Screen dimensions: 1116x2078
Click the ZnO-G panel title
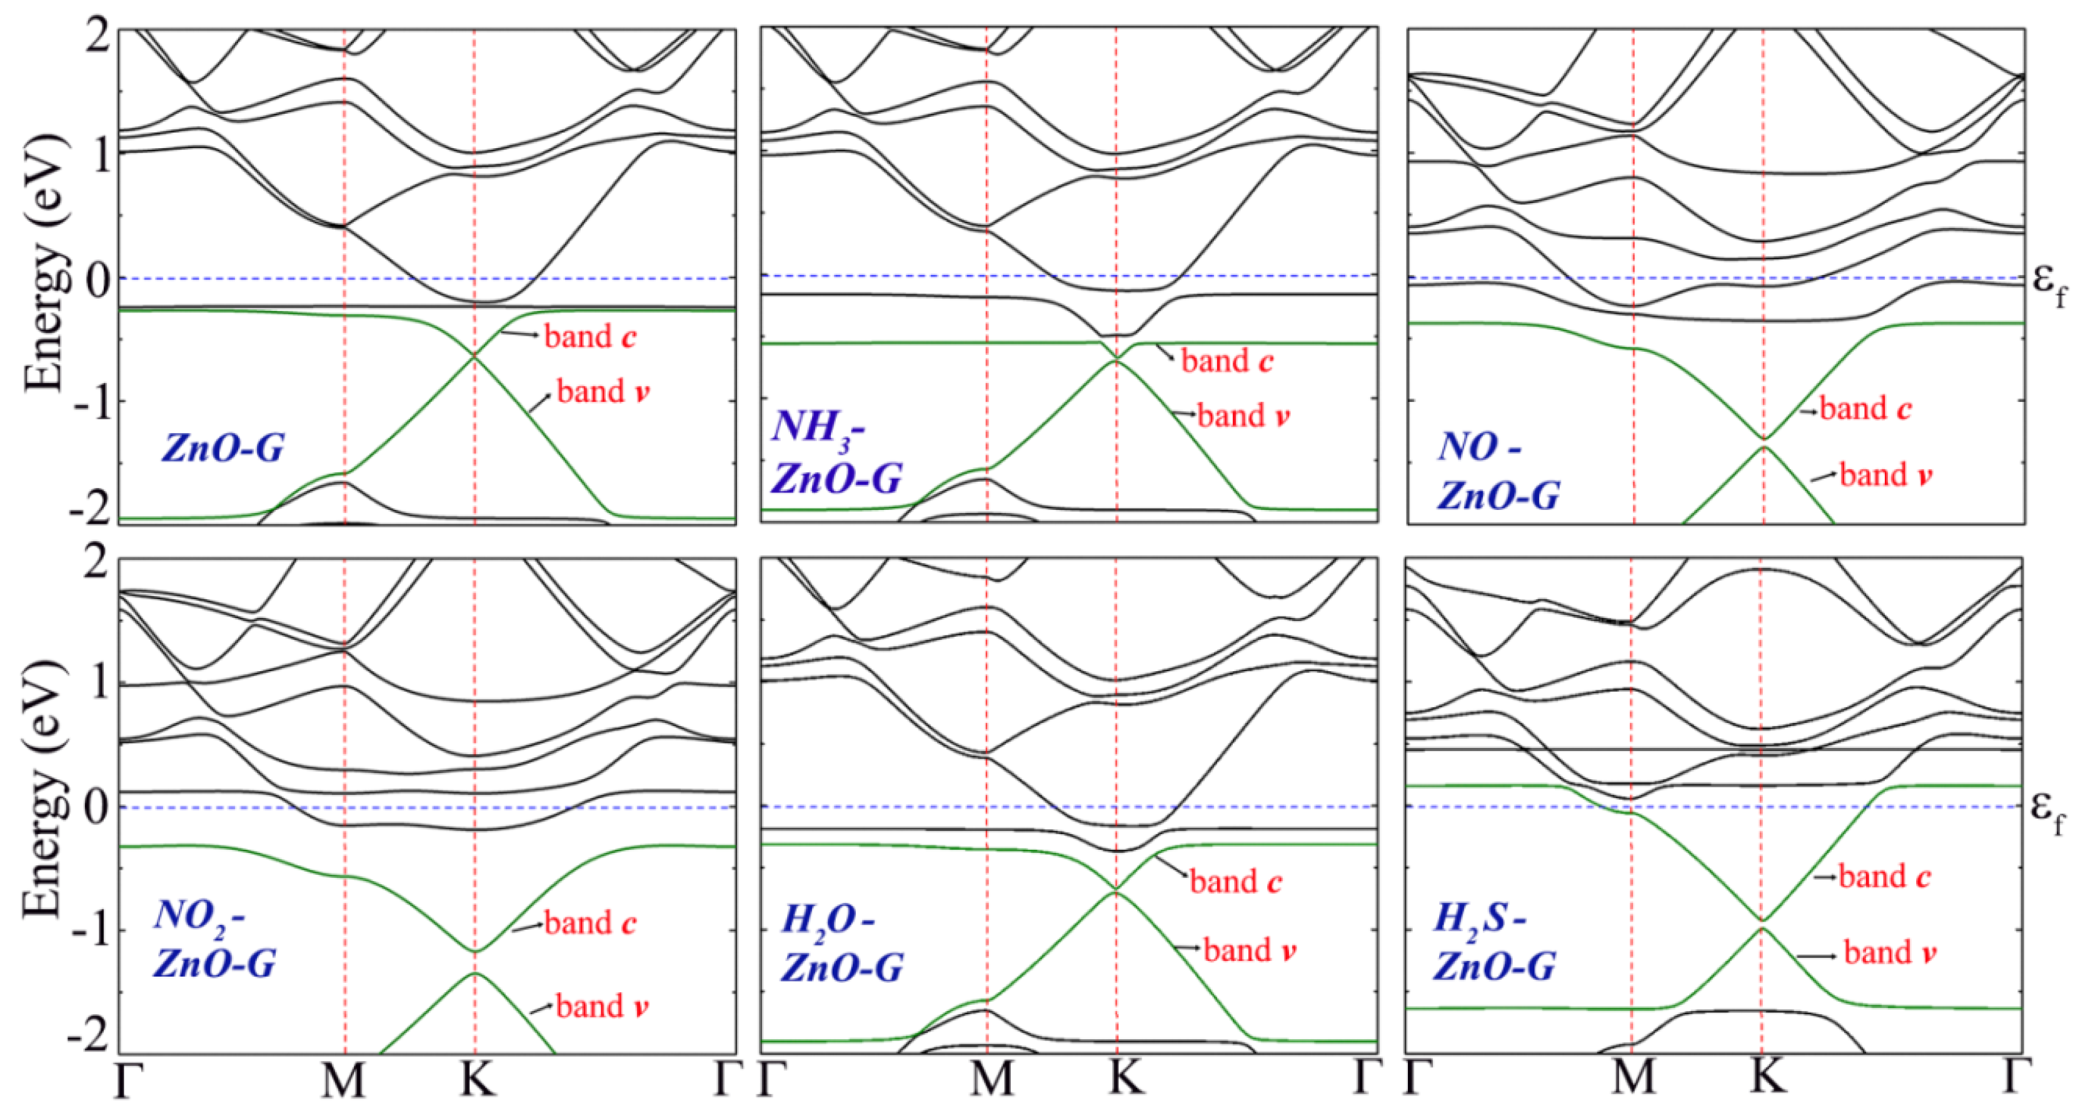pos(223,447)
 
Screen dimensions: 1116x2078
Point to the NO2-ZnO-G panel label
pos(214,939)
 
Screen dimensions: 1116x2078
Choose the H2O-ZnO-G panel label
pos(841,944)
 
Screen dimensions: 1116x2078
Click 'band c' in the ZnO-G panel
pos(590,337)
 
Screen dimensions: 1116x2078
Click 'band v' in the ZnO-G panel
pos(602,392)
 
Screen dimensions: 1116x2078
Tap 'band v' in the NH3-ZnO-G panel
pos(1242,416)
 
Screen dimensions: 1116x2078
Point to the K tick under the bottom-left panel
pos(476,1080)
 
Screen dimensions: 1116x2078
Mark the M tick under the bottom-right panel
pos(1633,1080)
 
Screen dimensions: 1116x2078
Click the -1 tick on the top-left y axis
pos(91,401)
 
